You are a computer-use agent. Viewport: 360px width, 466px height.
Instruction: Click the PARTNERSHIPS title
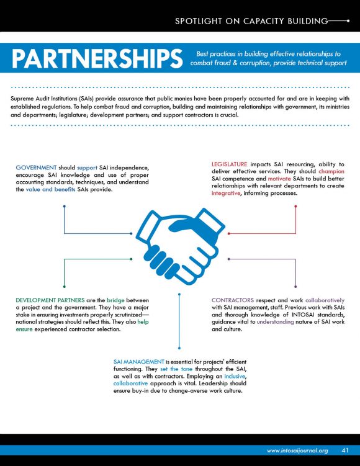(97, 58)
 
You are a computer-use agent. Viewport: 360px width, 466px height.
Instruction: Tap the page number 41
(345, 450)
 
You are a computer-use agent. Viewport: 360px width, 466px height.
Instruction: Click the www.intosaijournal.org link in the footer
(297, 450)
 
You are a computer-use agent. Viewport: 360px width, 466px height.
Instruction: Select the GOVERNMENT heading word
(36, 168)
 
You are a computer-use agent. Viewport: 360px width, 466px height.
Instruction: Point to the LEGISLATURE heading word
(229, 164)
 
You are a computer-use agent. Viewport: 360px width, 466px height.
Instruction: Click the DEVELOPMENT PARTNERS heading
(50, 300)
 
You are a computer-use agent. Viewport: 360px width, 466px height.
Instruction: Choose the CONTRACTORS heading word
(233, 300)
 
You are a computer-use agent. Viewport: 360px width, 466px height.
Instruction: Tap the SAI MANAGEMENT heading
(138, 362)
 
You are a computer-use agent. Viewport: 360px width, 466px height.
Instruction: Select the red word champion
(331, 171)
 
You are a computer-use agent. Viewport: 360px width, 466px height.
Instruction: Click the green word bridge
(115, 300)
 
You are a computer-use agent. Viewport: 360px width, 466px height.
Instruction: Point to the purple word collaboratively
(325, 300)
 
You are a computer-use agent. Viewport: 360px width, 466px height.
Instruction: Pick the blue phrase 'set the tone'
(176, 369)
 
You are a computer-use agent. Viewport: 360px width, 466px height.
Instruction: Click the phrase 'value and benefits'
(50, 189)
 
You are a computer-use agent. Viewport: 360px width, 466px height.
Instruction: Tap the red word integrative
(226, 193)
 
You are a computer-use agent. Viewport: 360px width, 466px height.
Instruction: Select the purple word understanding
(276, 322)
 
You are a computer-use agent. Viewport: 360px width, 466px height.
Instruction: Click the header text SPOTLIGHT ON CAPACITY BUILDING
(251, 21)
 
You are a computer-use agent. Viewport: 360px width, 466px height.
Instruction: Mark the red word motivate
(279, 179)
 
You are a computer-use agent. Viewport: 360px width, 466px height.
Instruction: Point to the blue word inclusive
(235, 376)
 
